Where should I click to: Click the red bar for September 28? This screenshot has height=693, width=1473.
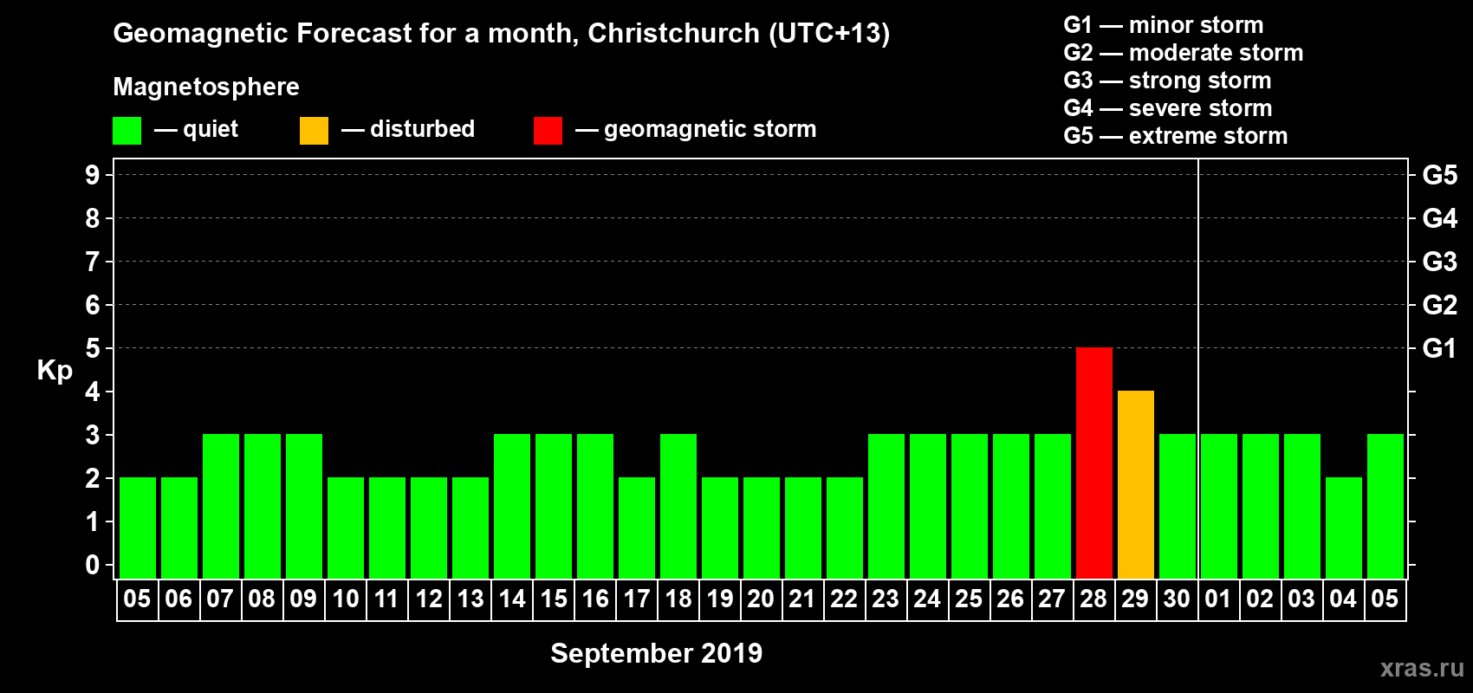pos(1093,463)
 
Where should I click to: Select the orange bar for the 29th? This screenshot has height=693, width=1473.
pos(1135,484)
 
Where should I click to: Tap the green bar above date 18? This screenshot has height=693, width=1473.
pos(678,506)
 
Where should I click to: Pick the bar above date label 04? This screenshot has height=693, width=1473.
pos(1343,528)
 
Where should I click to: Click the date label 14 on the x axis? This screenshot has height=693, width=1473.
pos(512,599)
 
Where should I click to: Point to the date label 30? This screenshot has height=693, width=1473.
pos(1177,599)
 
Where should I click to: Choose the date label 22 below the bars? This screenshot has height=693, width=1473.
pos(844,599)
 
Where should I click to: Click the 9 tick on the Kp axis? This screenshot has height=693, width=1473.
pos(93,175)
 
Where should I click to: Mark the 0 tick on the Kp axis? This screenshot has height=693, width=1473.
pos(93,565)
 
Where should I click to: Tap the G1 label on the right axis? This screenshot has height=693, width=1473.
pos(1439,348)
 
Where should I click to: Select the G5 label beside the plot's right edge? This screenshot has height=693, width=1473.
pos(1439,175)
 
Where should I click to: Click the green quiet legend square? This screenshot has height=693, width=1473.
pos(127,131)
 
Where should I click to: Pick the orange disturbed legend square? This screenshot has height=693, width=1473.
pos(314,131)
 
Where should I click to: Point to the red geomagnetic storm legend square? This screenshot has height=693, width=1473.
pos(548,131)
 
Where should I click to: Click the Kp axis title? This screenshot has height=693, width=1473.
pos(55,370)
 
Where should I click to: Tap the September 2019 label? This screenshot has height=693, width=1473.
pos(656,653)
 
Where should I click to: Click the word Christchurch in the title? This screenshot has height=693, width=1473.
pos(673,33)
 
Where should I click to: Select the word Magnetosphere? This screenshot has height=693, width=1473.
pos(205,87)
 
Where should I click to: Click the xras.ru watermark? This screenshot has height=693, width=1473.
pos(1421,668)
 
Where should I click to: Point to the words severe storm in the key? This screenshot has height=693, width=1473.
pos(1200,108)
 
